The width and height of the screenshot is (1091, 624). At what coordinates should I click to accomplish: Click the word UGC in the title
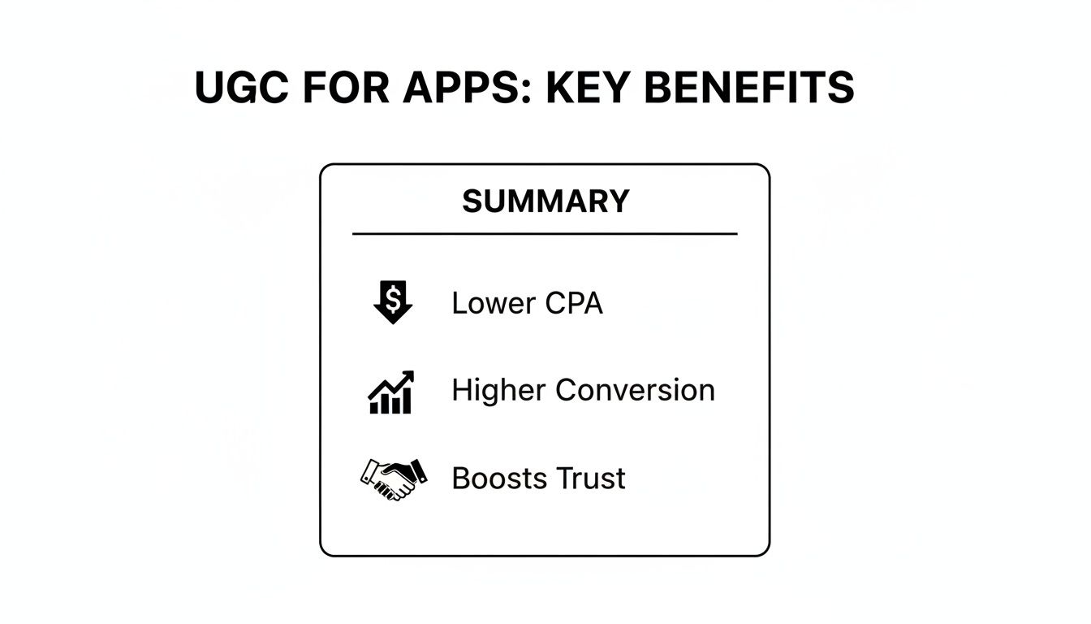click(x=243, y=87)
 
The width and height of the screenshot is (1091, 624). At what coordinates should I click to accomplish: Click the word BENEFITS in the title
click(x=749, y=87)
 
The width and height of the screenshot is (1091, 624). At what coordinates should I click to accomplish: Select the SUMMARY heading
click(x=545, y=201)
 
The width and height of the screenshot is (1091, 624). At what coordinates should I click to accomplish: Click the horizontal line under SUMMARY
click(x=545, y=234)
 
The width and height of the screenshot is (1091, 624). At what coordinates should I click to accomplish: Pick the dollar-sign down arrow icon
click(x=393, y=302)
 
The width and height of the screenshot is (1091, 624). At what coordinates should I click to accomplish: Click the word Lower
click(x=494, y=303)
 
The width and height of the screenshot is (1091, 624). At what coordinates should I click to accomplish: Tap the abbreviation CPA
click(x=574, y=303)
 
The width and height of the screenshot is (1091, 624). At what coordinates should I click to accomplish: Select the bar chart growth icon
click(x=391, y=392)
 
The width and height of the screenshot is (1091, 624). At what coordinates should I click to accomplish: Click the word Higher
click(x=498, y=391)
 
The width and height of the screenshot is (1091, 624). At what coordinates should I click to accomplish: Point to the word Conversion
click(x=635, y=391)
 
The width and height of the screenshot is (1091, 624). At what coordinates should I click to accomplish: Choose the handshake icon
click(x=394, y=479)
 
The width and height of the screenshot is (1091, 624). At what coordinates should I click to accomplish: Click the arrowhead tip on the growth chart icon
click(x=413, y=371)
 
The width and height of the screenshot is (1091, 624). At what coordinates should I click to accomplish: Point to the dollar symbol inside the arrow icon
click(x=393, y=299)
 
